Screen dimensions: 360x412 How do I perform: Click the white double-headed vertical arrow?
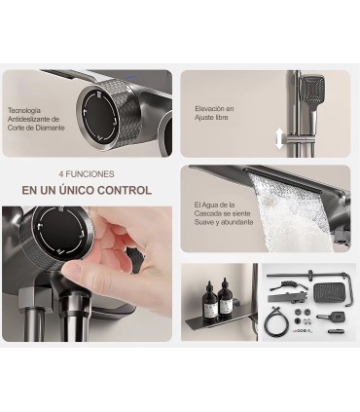279,138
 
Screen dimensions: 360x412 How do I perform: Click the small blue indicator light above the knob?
131,77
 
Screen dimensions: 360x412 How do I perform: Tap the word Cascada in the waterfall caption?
207,213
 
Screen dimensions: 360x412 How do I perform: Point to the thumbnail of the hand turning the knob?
88,274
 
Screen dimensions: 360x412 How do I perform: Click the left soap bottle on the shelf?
210,298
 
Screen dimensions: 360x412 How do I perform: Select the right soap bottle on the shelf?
225,296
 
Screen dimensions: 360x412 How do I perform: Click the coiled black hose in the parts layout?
275,321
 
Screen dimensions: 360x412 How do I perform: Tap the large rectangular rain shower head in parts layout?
330,292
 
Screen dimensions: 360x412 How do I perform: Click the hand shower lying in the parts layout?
330,316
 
